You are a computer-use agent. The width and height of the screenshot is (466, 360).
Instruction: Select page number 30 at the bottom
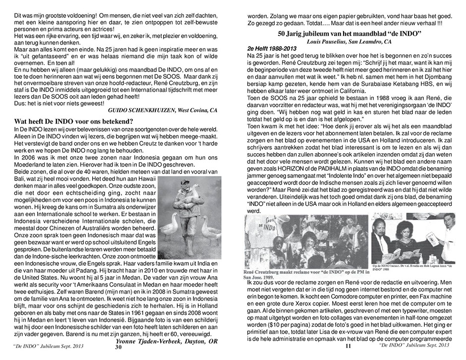coord(118,348)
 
